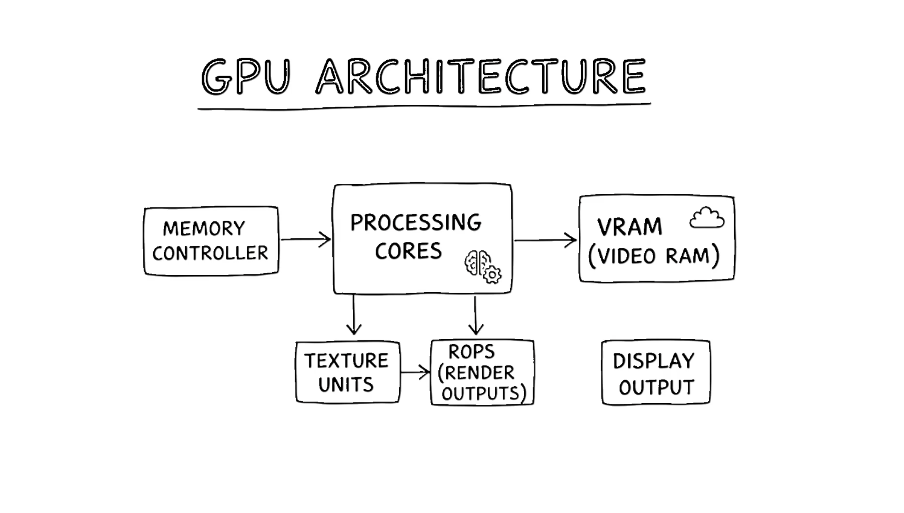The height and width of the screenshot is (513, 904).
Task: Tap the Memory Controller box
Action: tap(211, 241)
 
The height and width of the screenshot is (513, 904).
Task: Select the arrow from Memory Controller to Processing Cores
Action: tap(305, 239)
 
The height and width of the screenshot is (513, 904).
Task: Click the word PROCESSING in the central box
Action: tap(415, 222)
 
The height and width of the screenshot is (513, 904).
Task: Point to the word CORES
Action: tap(408, 251)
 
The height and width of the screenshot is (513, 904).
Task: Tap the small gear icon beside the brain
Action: tap(493, 275)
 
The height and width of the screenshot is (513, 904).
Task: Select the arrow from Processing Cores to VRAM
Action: tap(545, 240)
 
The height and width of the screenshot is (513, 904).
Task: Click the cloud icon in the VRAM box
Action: tap(707, 218)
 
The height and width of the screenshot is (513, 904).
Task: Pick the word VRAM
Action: tap(629, 227)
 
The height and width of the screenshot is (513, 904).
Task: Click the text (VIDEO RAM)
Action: tap(653, 256)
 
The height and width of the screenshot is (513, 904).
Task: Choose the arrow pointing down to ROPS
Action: tap(476, 316)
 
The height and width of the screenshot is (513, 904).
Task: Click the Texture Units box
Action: tap(348, 372)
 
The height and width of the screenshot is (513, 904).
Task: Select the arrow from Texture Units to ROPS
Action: tap(415, 372)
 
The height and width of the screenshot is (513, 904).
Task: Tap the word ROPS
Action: tap(472, 352)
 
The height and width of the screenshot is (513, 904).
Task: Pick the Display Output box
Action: tap(656, 372)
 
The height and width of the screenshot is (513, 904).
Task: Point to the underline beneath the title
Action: tap(424, 107)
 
